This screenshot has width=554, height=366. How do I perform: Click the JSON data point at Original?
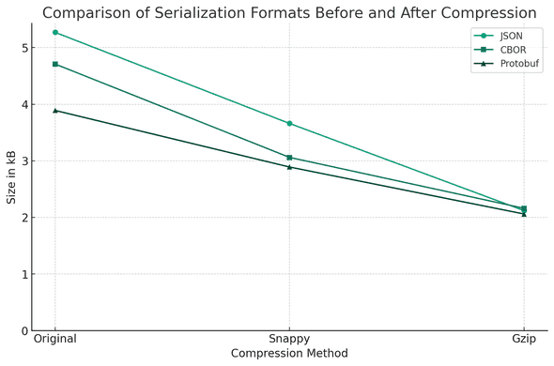(55, 32)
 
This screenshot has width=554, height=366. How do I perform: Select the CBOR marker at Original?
(55, 64)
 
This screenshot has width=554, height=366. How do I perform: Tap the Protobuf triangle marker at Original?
(55, 110)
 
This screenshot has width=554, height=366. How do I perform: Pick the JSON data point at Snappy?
(289, 123)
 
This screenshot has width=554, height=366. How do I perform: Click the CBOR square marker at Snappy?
(289, 158)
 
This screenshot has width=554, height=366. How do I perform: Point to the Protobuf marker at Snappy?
(289, 166)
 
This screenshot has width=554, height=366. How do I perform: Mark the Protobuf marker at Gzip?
(524, 214)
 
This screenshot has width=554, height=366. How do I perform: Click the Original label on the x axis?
(55, 339)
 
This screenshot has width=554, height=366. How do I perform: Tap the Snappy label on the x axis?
(289, 339)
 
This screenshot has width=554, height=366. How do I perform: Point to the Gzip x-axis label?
(524, 339)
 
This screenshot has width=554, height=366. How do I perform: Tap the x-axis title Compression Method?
(289, 354)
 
